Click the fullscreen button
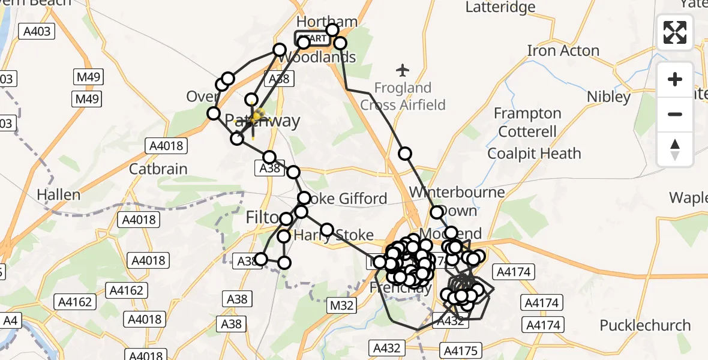pos(675,32)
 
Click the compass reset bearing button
pos(675,149)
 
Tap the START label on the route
pos(313,39)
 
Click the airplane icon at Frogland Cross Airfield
pos(403,70)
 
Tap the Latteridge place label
pos(500,7)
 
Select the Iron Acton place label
pos(563,50)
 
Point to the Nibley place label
pos(608,97)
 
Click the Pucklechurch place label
pos(645,325)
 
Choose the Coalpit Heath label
pos(534,153)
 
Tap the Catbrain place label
pos(158,169)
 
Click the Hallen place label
pos(58,194)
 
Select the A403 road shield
pos(37,31)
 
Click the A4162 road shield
pos(76,302)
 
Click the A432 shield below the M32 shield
pos(388,347)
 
